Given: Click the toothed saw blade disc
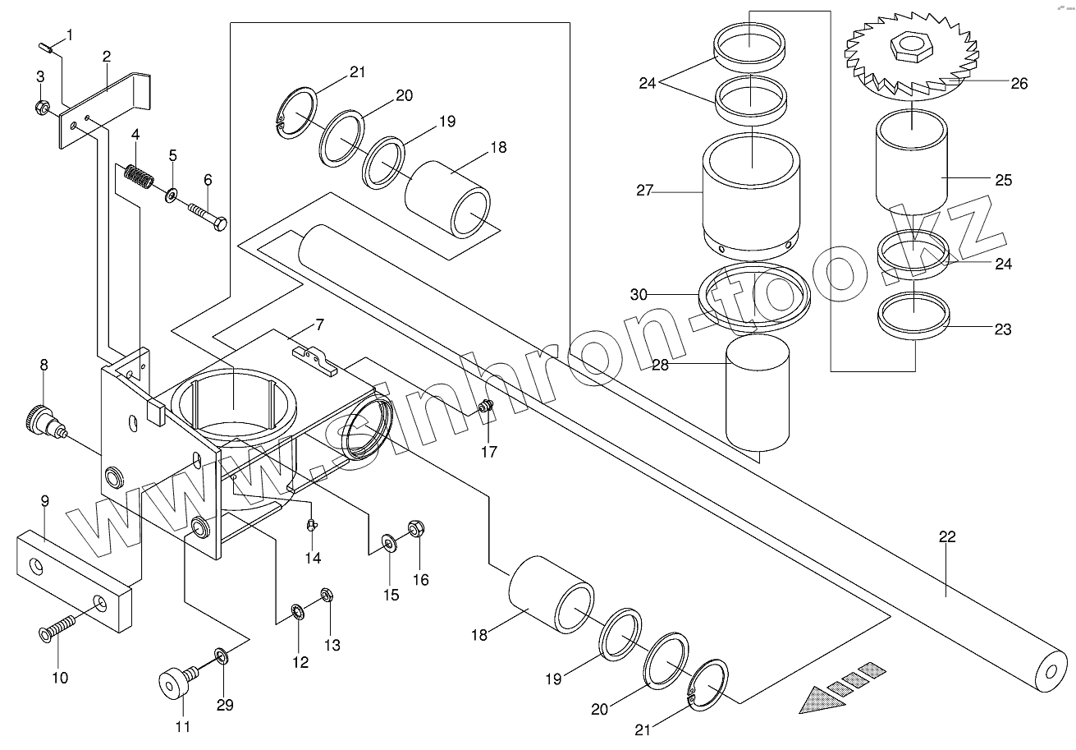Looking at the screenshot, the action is [911, 58].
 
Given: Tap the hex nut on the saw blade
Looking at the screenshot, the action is [909, 47].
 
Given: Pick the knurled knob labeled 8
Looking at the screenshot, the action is [43, 421].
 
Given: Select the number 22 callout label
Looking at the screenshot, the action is [947, 536].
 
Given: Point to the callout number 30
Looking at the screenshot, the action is [639, 294].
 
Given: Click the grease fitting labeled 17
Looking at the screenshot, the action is [486, 407].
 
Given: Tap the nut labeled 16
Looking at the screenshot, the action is [416, 529].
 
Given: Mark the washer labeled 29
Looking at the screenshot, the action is [222, 655].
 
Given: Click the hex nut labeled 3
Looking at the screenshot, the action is [42, 108].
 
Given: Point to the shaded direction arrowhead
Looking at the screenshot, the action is [822, 700].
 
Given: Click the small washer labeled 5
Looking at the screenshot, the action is [171, 196].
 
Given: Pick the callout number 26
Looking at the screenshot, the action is [1019, 84].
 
